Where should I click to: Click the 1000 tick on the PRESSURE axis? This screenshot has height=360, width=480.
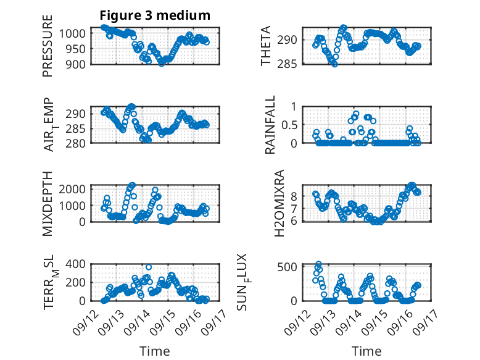[77, 33]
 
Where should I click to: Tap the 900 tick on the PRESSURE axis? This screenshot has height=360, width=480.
[80, 63]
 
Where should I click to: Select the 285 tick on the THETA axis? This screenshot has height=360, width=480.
[292, 63]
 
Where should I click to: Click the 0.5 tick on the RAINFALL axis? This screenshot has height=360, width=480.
[289, 124]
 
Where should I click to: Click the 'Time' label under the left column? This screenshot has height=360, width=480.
[154, 351]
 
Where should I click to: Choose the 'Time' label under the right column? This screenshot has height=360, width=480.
[366, 351]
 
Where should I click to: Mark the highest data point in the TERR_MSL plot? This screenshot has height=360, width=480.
[149, 267]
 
